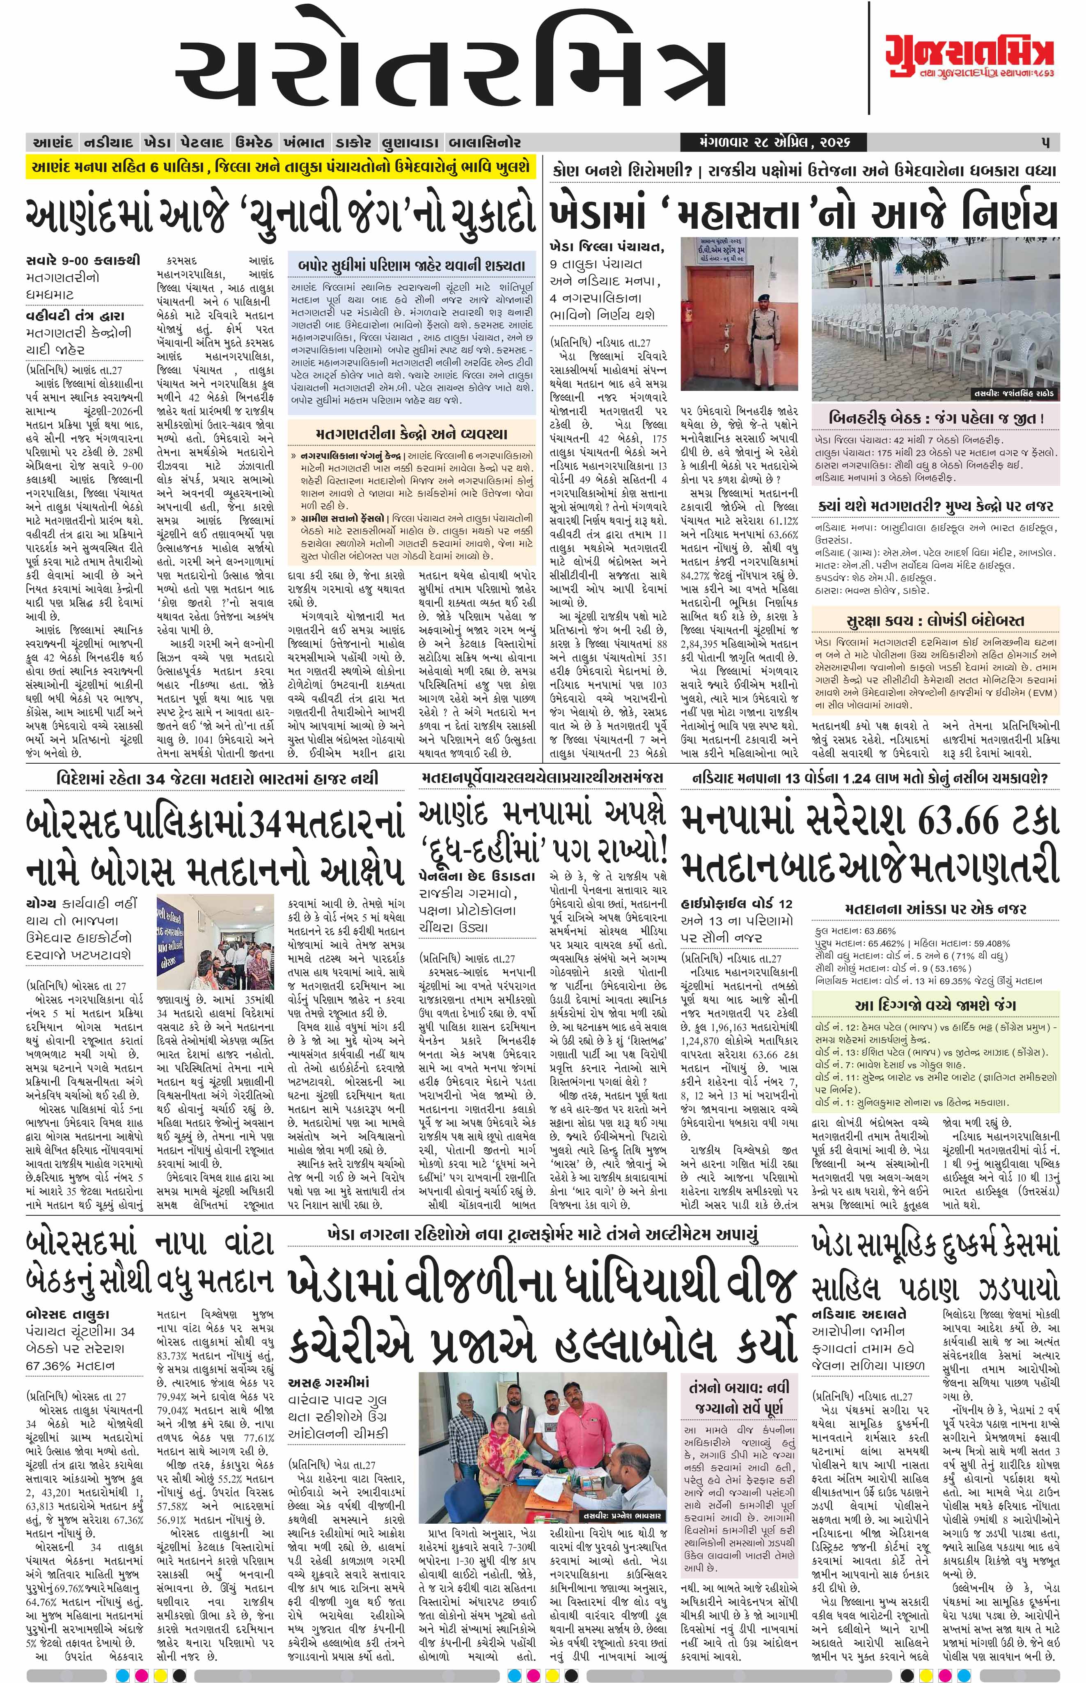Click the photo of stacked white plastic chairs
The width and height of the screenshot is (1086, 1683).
pyautogui.click(x=935, y=317)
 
